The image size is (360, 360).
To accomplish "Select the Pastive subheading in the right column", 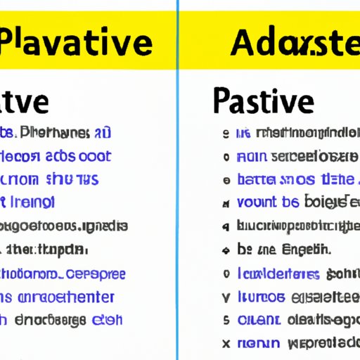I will [x=261, y=100].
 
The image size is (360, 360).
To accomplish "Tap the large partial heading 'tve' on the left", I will [x=25, y=100].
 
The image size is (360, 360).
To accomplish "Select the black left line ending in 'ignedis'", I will [x=63, y=226].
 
